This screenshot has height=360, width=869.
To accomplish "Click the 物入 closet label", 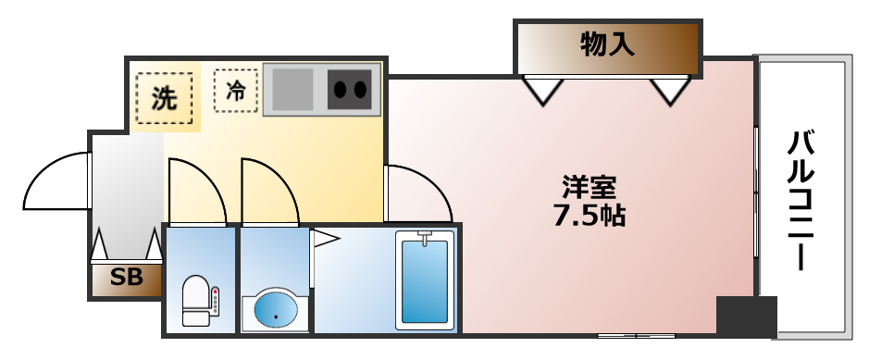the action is (608, 43).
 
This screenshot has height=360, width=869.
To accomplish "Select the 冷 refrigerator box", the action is (236, 91).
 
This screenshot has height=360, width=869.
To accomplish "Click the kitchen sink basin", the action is (292, 90).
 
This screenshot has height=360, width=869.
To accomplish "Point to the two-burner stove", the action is (350, 90).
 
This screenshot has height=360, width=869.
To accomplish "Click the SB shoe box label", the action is (126, 278).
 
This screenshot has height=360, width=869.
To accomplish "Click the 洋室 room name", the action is (590, 188).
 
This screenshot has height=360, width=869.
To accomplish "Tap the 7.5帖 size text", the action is (590, 217).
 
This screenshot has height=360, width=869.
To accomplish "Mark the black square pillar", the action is (746, 317).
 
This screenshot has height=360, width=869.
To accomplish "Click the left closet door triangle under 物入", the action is (542, 91).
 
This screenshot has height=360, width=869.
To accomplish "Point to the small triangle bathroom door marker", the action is (326, 240).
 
